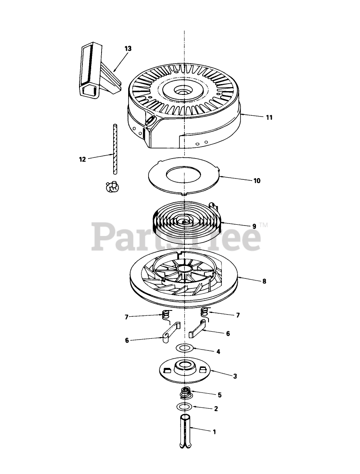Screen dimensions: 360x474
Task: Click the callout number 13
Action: tap(128, 49)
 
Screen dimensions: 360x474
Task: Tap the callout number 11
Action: tap(269, 117)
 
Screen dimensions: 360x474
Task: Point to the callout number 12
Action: tap(82, 159)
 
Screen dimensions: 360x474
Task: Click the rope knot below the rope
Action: tap(111, 187)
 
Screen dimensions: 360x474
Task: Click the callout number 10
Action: tap(257, 181)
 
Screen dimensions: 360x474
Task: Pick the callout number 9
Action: tap(254, 226)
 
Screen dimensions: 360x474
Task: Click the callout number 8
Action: tap(264, 281)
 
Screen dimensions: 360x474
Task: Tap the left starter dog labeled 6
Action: tap(169, 332)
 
